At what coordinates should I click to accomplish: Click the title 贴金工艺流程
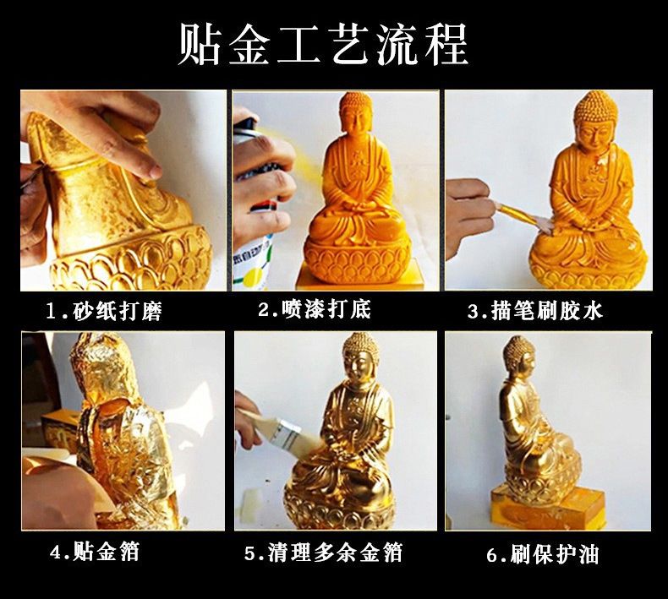pyautogui.click(x=323, y=44)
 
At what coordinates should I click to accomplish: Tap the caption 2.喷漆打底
pyautogui.click(x=315, y=309)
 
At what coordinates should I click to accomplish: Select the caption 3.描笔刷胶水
pyautogui.click(x=535, y=311)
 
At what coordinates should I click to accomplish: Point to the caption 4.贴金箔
pyautogui.click(x=95, y=553)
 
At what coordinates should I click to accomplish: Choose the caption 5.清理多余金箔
pyautogui.click(x=323, y=553)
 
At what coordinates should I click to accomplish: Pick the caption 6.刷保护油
pyautogui.click(x=543, y=554)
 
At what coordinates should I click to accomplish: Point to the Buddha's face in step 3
pyautogui.click(x=594, y=134)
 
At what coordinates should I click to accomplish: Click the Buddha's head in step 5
pyautogui.click(x=360, y=357)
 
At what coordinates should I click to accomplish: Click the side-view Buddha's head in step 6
pyautogui.click(x=519, y=357)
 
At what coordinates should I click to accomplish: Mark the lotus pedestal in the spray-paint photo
pyautogui.click(x=357, y=261)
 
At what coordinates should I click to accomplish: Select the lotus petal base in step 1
pyautogui.click(x=132, y=260)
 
